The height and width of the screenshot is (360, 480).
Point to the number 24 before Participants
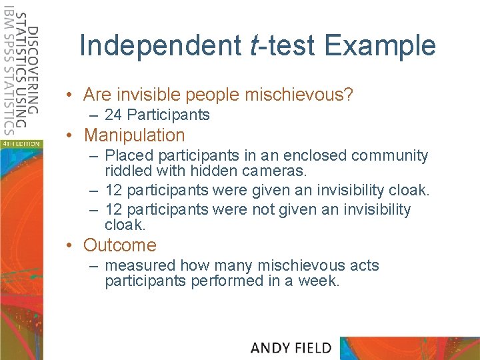(x=113, y=115)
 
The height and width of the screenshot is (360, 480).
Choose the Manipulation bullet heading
(x=134, y=135)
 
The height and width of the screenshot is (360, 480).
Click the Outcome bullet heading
(x=120, y=245)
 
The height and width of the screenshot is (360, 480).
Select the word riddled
(x=129, y=170)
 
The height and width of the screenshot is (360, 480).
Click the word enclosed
(x=315, y=156)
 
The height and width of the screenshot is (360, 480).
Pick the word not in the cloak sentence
(x=264, y=210)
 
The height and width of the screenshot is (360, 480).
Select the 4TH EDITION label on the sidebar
(x=20, y=143)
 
